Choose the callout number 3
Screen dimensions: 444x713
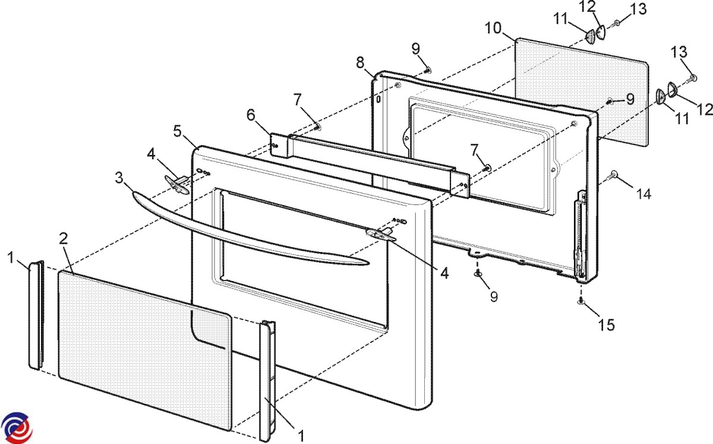tap(120, 177)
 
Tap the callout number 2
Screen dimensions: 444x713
tap(64, 238)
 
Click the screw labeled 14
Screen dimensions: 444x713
tap(613, 174)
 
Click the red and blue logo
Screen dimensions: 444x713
tap(17, 427)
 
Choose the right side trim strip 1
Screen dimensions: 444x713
tap(267, 380)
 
